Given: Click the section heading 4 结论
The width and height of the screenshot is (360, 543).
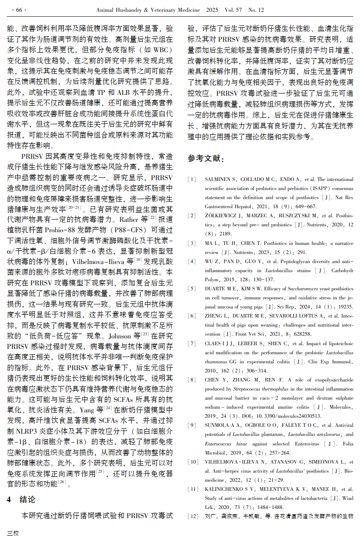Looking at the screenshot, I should pos(21,499).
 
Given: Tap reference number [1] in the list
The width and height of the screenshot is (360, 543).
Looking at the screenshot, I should pos(192,179).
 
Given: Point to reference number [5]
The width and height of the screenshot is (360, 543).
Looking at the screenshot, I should pos(192,289).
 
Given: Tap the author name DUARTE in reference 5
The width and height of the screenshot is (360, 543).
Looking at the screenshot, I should pos(215,289).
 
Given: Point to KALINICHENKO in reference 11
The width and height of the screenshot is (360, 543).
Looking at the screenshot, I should pos(225,489).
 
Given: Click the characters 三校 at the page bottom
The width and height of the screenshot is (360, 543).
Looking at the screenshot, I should pos(12,533).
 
